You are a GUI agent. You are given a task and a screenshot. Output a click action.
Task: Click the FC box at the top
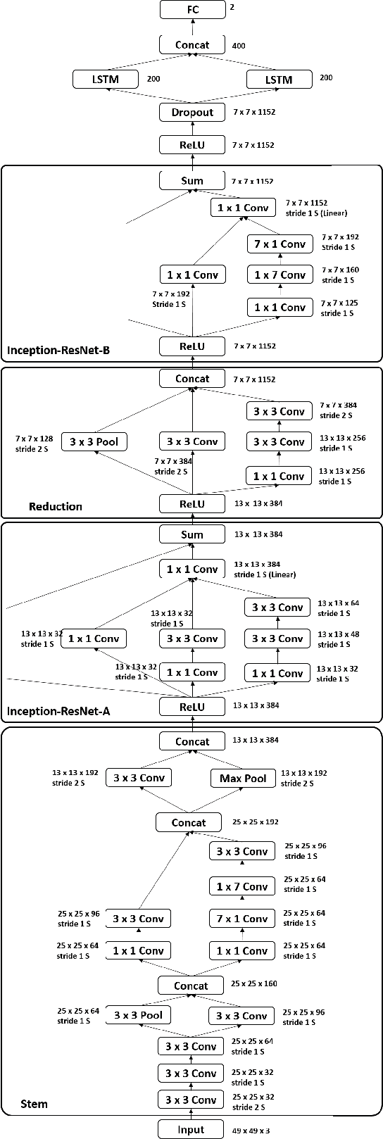point(192,10)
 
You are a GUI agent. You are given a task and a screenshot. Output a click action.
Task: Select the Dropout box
point(192,112)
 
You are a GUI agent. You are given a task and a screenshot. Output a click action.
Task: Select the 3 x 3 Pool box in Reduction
point(94,441)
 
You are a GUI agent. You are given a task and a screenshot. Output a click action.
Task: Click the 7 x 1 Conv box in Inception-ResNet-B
point(280,244)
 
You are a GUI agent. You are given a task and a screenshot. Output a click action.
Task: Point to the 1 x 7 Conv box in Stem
point(242,886)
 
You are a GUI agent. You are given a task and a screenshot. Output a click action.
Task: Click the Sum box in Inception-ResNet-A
point(192,534)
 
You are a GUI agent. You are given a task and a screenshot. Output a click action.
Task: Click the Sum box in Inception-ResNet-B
point(192,180)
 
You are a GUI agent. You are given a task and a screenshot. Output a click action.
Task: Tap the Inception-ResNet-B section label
point(58,351)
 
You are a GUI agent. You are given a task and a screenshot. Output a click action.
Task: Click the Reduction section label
point(55,506)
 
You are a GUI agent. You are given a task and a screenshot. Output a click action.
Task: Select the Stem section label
point(34,1103)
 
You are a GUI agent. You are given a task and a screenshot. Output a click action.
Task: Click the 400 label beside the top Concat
point(239,46)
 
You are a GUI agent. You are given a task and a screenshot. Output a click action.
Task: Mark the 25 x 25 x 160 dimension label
point(254,983)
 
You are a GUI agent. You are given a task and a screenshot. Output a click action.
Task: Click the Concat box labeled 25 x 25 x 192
point(189,822)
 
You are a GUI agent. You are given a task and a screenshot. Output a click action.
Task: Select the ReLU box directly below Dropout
point(192,145)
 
